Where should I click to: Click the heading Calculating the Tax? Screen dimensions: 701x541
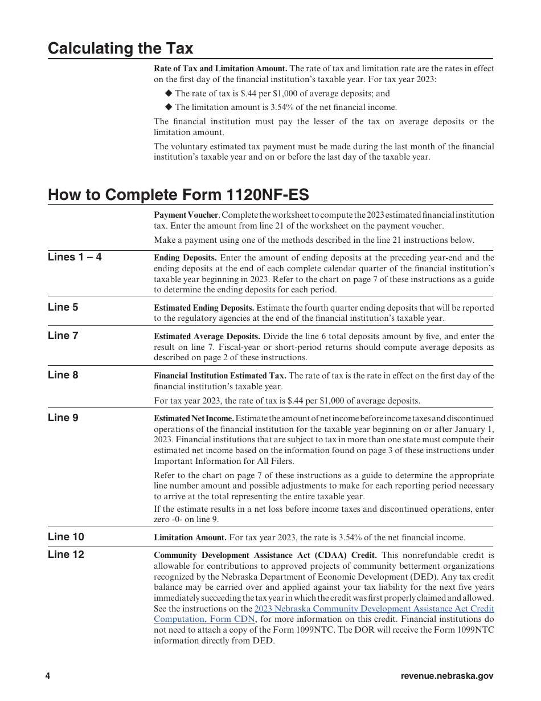pos(120,48)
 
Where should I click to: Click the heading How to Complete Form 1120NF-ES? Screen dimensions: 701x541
pos(178,195)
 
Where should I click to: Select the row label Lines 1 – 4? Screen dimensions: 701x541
pos(75,257)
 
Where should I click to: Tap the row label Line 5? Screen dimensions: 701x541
pos(63,307)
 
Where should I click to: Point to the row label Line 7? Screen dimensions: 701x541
pos(63,336)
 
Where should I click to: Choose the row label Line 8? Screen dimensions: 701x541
pos(63,375)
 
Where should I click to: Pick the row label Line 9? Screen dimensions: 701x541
pos(63,418)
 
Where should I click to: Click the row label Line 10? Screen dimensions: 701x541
pos(65,537)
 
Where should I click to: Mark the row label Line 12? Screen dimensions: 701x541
pos(65,555)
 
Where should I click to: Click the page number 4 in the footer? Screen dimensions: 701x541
pos(48,676)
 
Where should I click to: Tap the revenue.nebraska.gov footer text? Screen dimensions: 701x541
pos(447,676)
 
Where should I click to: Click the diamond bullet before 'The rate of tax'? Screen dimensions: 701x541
pos(168,93)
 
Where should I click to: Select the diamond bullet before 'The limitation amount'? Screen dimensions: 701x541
pos(168,107)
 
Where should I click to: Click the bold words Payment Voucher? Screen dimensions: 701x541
pos(186,215)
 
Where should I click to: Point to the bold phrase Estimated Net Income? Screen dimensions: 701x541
pos(194,418)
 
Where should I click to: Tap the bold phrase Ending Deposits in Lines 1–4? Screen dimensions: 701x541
pos(185,258)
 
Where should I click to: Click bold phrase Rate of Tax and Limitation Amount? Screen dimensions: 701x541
pos(220,68)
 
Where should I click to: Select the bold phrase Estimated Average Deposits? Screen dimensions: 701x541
pos(207,336)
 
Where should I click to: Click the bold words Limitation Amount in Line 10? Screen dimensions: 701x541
pos(190,537)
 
